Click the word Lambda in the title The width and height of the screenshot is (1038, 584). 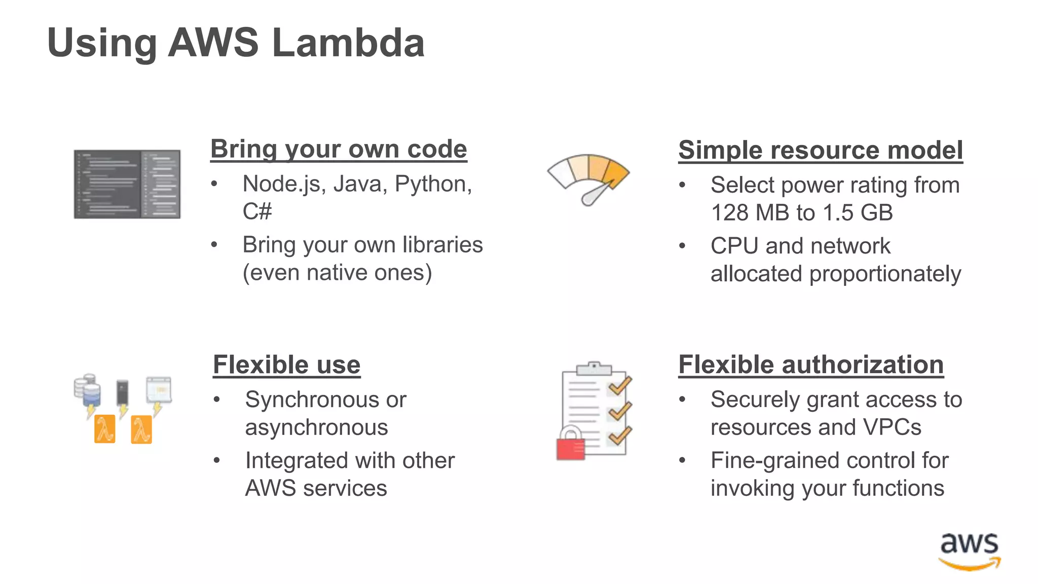[x=348, y=43]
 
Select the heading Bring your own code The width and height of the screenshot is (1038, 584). [x=339, y=149]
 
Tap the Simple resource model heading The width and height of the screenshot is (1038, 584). [x=820, y=150]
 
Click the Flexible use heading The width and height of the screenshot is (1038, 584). [x=286, y=365]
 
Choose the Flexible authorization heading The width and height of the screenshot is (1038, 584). [x=811, y=365]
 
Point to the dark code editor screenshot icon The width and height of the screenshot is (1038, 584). [x=127, y=184]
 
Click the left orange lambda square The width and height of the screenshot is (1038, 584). [x=105, y=429]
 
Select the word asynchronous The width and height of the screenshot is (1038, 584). [x=316, y=428]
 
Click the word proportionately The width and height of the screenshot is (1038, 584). [x=885, y=274]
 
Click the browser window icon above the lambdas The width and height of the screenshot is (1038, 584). [x=159, y=389]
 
